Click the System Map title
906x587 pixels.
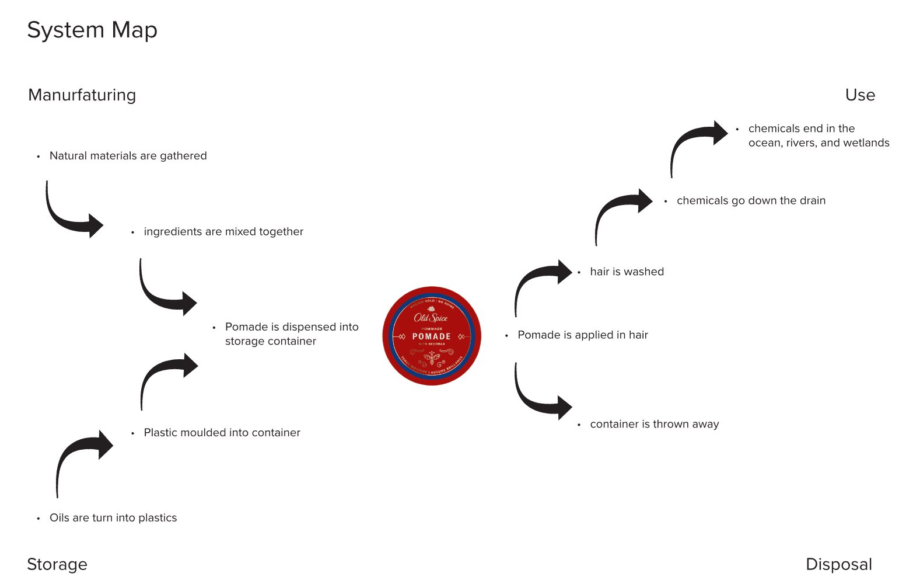tap(92, 30)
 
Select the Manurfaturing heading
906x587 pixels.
tap(82, 95)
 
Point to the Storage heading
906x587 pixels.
tap(57, 564)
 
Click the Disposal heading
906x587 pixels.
tap(838, 564)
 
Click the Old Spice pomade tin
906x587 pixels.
tap(432, 336)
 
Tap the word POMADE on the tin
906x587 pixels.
tap(432, 336)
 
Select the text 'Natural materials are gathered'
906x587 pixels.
tap(128, 156)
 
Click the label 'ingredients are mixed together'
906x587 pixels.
tap(223, 232)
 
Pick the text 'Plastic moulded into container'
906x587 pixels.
tap(222, 433)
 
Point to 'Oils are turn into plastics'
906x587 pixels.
tap(113, 518)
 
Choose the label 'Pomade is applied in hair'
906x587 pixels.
tap(582, 335)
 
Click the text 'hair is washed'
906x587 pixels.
tap(627, 272)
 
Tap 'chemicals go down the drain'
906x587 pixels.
tap(751, 201)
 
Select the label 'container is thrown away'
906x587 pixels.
tap(654, 425)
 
